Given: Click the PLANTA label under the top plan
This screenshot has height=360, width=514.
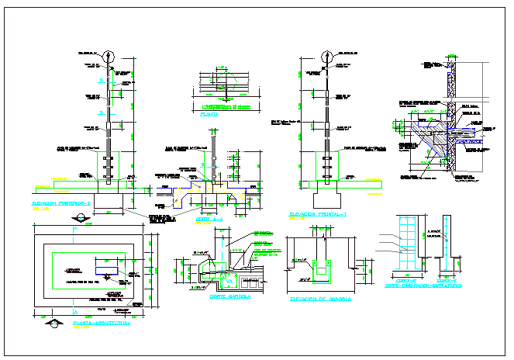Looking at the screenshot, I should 209,114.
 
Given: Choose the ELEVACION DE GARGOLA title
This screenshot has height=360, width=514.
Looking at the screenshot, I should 320,299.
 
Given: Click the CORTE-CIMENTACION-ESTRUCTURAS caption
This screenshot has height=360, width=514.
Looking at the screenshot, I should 425,286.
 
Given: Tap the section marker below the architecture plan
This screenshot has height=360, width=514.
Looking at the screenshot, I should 53,320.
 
